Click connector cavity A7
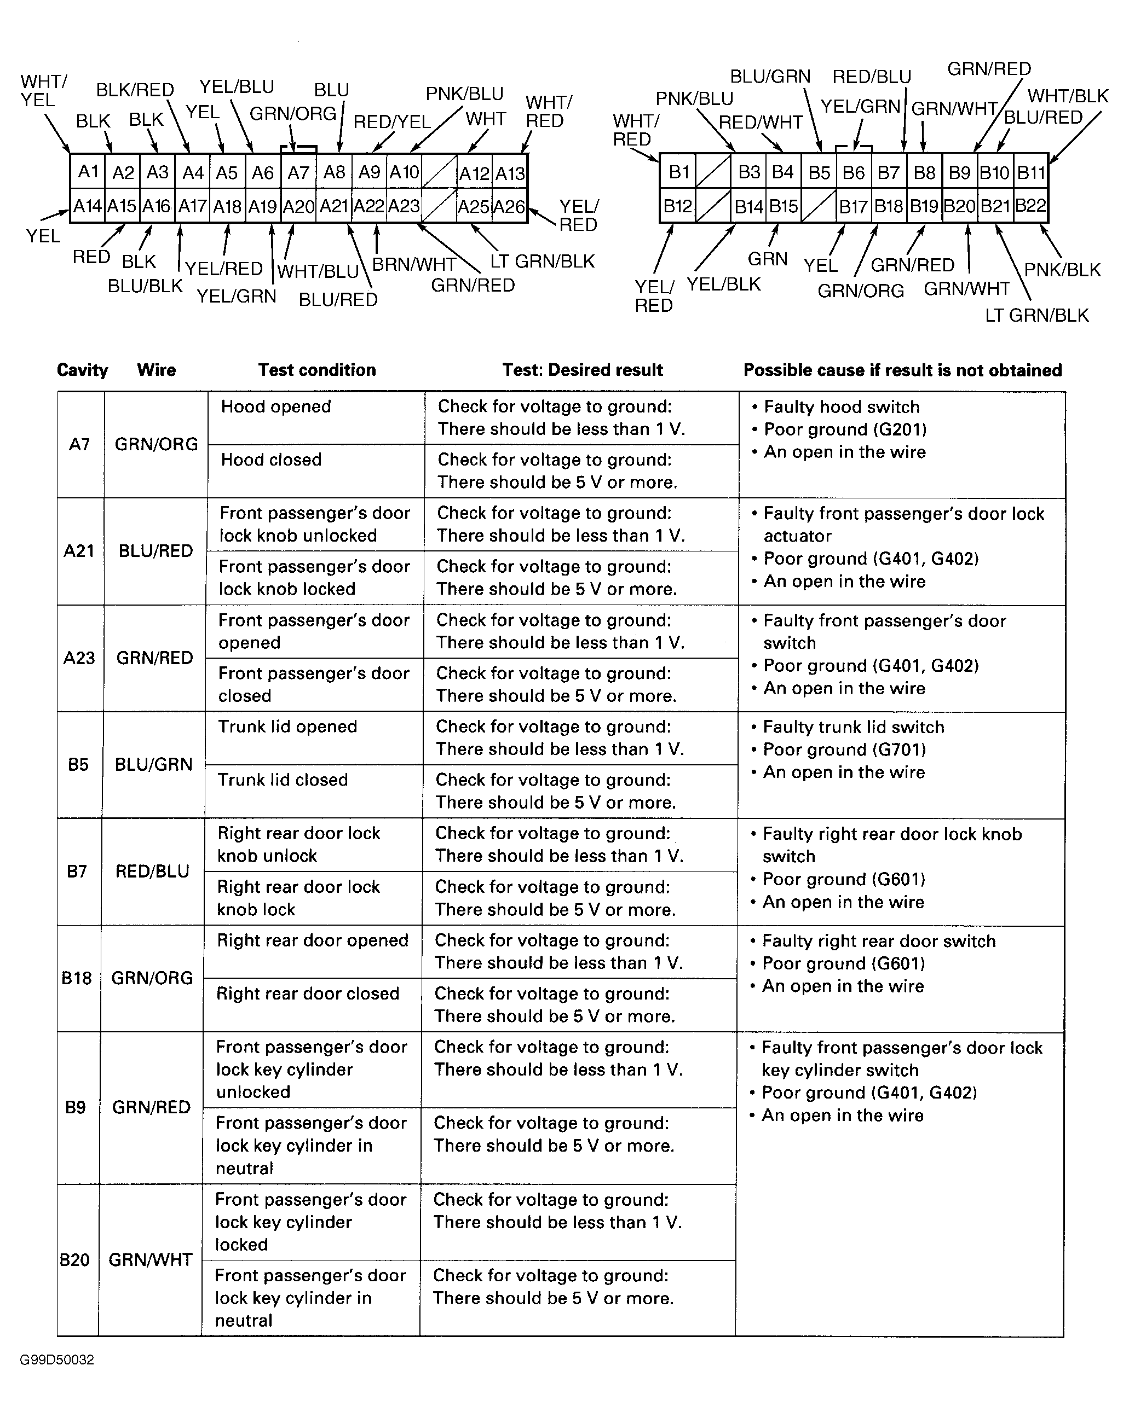click(298, 173)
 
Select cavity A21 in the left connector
click(333, 207)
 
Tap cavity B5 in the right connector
click(819, 173)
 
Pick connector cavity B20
click(959, 207)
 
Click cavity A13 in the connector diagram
click(510, 173)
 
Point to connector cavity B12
click(677, 207)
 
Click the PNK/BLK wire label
click(1062, 269)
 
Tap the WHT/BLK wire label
click(1068, 96)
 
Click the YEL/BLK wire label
click(724, 284)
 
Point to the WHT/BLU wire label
click(318, 271)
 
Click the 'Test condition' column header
click(316, 370)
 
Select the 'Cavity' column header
click(82, 370)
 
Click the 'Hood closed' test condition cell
click(271, 460)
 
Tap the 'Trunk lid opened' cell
click(287, 727)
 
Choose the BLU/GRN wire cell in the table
click(153, 764)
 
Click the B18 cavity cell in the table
click(76, 978)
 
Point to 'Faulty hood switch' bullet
click(841, 407)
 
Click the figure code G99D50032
click(57, 1359)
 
